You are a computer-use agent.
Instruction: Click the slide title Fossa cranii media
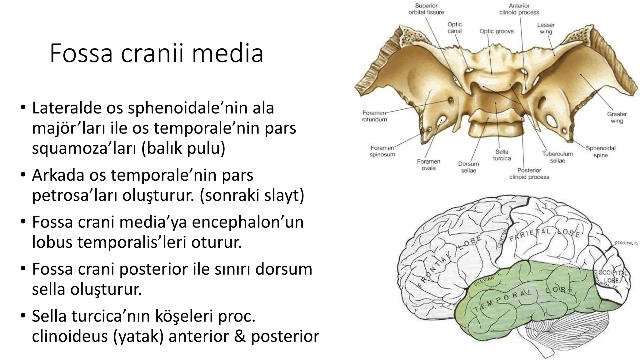click(x=156, y=53)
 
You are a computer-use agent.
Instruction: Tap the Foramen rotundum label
click(x=374, y=116)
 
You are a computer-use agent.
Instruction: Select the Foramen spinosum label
click(x=382, y=151)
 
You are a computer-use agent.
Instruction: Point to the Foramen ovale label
click(x=428, y=165)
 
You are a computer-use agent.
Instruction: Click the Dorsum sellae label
click(x=468, y=167)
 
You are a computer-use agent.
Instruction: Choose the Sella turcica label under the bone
click(x=502, y=155)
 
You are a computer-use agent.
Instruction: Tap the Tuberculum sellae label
click(x=557, y=157)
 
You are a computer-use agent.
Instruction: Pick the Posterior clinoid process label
click(x=529, y=173)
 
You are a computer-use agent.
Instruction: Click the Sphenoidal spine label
click(x=600, y=152)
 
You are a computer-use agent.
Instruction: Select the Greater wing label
click(x=617, y=117)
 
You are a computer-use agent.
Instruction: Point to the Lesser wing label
click(x=546, y=28)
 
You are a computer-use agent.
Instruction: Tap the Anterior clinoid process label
click(x=519, y=9)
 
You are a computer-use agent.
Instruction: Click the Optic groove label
click(x=497, y=31)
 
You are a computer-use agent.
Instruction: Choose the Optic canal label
click(x=454, y=27)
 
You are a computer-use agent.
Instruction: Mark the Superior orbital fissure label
click(x=426, y=9)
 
